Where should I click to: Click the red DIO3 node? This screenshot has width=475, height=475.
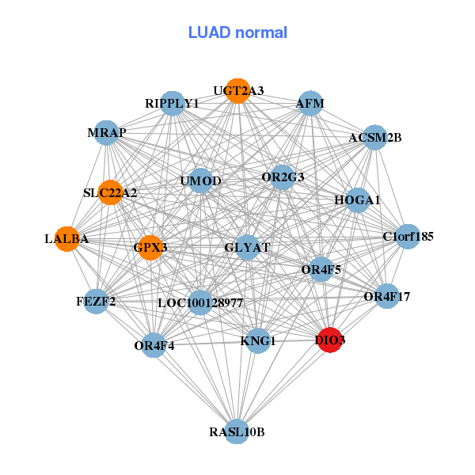(329, 340)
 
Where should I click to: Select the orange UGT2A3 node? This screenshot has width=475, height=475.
(237, 91)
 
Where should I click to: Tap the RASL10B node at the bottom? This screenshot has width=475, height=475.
(237, 432)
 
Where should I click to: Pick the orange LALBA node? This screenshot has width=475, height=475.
(67, 238)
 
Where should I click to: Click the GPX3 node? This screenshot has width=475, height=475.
(150, 248)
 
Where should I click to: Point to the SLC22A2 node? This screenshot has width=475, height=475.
(110, 192)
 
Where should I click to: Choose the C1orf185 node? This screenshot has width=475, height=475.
(407, 236)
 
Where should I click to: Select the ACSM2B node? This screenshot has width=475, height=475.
(374, 138)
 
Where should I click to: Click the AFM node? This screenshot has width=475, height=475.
(310, 103)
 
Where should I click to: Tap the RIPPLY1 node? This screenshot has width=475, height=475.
(173, 103)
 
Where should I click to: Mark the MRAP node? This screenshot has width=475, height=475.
(107, 132)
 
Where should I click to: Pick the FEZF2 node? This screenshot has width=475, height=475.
(96, 301)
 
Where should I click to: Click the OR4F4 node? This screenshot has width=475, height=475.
(154, 344)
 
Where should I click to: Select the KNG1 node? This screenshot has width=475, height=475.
(257, 341)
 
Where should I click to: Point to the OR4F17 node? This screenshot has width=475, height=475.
(386, 297)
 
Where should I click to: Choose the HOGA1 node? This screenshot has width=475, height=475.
(357, 199)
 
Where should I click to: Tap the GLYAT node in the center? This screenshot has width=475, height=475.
(248, 247)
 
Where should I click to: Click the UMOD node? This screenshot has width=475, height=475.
(200, 180)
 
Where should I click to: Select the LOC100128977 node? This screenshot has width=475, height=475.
(200, 302)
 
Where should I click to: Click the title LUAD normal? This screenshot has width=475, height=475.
(237, 32)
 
